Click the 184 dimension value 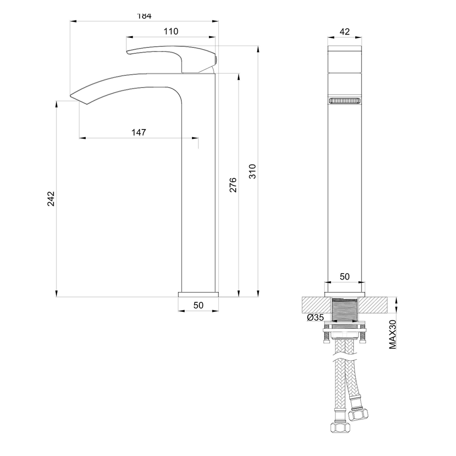(x=144, y=16)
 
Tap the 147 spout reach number (x=139, y=132)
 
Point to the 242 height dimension (x=51, y=198)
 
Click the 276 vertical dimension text (x=233, y=185)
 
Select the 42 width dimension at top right (x=345, y=31)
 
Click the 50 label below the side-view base (x=198, y=305)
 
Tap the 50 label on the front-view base (x=345, y=276)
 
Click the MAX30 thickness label (x=392, y=334)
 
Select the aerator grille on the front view (x=345, y=101)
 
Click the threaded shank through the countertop (x=345, y=310)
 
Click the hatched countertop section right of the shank (x=376, y=305)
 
